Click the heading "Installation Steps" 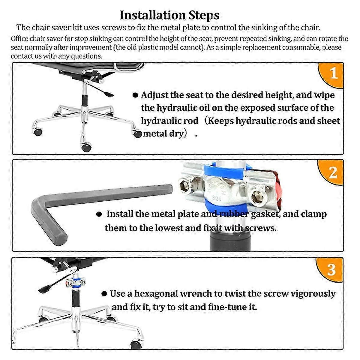[169, 15]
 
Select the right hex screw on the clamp [258, 197]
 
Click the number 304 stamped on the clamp [217, 198]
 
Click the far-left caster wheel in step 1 [38, 132]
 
